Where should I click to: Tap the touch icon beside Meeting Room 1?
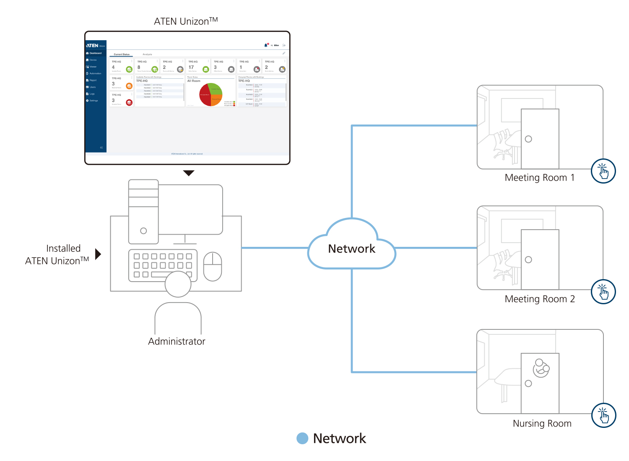pos(603,171)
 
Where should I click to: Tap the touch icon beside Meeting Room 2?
pos(603,292)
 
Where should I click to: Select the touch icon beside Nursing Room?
pos(603,415)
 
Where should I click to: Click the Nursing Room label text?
pos(542,423)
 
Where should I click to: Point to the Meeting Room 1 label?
pos(539,178)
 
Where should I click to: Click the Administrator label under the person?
pos(177,342)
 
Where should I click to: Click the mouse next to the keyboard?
pos(213,266)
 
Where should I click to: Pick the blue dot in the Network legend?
pos(302,438)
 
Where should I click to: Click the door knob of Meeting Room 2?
pos(528,260)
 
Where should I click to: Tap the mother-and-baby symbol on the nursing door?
pos(541,368)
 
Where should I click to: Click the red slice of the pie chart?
pos(205,96)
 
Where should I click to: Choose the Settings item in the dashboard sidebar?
pos(93,101)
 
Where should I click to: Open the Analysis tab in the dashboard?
pos(147,54)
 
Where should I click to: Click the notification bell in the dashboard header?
pos(266,45)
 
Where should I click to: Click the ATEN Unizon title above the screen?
pos(185,21)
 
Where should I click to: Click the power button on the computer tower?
pos(143,231)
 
